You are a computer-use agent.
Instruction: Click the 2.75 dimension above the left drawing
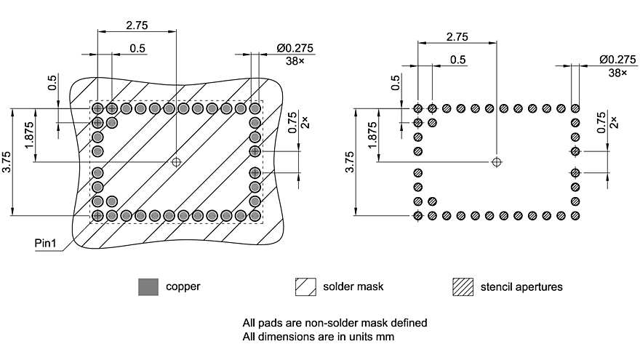(x=137, y=25)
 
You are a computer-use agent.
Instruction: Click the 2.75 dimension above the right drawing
(x=457, y=36)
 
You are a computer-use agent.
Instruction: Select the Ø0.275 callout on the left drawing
(x=295, y=48)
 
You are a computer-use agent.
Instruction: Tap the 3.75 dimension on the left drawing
(x=7, y=162)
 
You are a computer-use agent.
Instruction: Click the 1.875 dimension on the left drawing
(x=28, y=135)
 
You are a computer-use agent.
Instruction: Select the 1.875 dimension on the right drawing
(x=372, y=135)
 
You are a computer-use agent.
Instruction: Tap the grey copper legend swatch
(x=148, y=287)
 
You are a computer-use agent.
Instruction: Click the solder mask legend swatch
(x=305, y=287)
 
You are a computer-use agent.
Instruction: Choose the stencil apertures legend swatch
(x=463, y=287)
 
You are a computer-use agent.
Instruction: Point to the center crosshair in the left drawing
(x=175, y=161)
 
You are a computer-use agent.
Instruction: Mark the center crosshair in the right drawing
(x=497, y=161)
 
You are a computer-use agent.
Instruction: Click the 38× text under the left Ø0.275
(x=295, y=62)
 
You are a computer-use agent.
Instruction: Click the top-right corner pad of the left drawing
(x=255, y=108)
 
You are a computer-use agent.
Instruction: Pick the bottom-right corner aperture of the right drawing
(x=575, y=216)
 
